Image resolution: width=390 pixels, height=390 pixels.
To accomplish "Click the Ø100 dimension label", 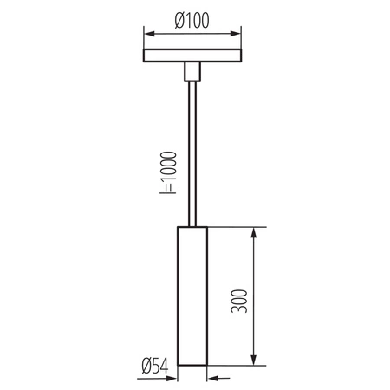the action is [x=192, y=21].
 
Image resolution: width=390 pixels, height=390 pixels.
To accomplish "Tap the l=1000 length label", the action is [x=168, y=172].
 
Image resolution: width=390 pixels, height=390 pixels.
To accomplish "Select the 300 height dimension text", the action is [x=239, y=301].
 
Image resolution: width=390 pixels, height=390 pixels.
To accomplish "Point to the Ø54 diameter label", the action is [x=155, y=367].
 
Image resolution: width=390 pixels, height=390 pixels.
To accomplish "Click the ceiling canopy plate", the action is [x=192, y=55].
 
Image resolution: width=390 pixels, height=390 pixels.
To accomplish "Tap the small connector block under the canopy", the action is [x=192, y=72].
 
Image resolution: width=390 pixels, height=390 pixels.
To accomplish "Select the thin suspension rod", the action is [x=192, y=154].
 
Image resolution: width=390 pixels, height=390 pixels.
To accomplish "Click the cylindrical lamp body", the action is [x=192, y=296].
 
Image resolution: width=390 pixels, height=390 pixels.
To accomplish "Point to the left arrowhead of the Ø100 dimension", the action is [x=149, y=34].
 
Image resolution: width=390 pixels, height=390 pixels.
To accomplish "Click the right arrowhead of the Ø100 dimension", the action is [x=236, y=34].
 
